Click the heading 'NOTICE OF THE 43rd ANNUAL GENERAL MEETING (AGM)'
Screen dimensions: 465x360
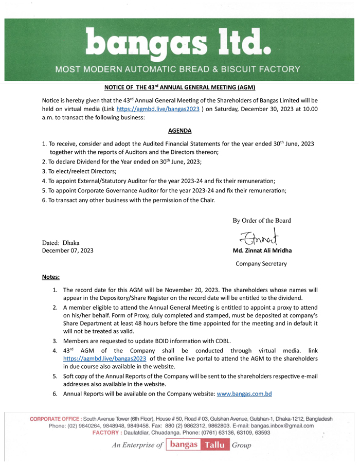pos(179,88)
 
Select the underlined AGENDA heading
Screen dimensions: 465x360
pos(179,131)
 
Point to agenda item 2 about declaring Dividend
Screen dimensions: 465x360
pos(122,162)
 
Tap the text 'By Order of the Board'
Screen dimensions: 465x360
pos(261,221)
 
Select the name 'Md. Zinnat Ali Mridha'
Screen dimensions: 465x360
pos(261,251)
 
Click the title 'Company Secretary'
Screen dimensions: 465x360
pos(261,264)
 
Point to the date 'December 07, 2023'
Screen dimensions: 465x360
pos(67,251)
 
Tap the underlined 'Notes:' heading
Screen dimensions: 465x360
pos(50,277)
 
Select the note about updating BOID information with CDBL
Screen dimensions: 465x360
pos(147,341)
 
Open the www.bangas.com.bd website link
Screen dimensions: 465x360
pos(244,394)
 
